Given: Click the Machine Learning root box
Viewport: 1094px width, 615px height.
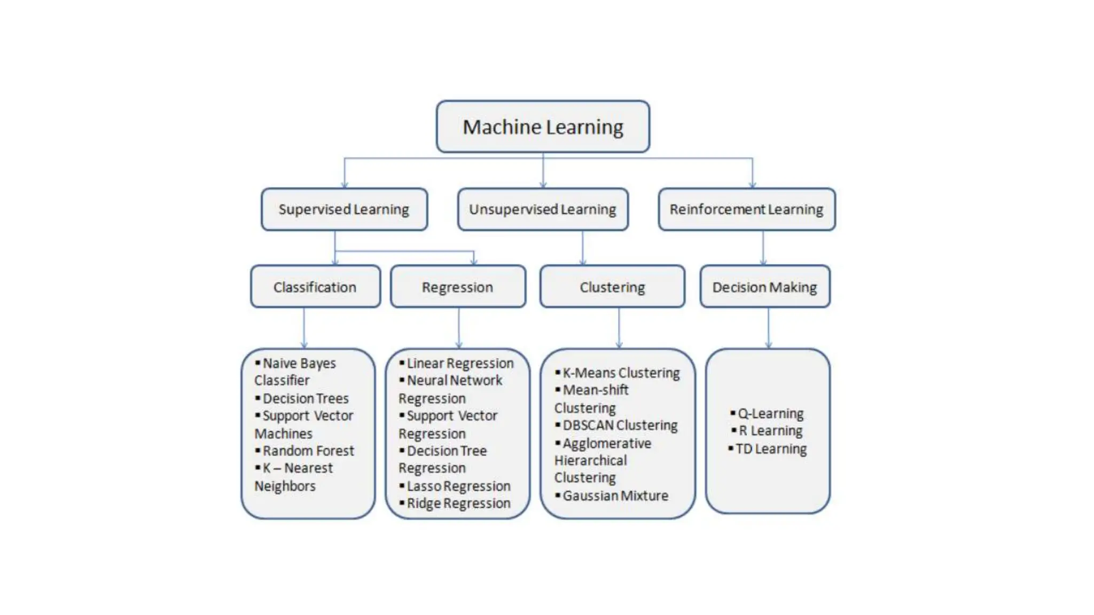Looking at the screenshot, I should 543,127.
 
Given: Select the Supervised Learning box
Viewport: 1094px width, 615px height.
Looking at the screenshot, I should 344,209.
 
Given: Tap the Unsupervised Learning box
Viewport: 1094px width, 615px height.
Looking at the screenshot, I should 543,209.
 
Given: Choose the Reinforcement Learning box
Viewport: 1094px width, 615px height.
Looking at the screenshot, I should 746,209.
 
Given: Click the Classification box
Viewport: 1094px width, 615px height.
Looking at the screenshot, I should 315,287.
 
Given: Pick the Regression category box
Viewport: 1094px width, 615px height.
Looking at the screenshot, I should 458,287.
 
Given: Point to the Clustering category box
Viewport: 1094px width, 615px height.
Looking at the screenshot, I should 612,287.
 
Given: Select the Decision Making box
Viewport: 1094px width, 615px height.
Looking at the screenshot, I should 765,287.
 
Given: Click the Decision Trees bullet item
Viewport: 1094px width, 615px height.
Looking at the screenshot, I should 306,398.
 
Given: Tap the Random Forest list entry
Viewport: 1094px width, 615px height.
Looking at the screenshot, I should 308,451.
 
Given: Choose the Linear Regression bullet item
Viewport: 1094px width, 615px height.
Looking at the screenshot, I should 460,363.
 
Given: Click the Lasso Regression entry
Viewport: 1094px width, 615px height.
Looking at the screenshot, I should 458,486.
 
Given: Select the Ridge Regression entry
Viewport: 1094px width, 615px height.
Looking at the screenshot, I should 458,503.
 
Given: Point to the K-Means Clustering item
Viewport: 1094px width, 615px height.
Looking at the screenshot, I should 621,373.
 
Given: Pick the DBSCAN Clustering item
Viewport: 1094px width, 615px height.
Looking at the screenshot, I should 620,425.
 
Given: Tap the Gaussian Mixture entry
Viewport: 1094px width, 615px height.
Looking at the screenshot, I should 615,495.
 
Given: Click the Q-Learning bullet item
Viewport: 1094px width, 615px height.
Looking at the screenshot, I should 770,413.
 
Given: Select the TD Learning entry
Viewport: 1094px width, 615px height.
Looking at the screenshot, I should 771,448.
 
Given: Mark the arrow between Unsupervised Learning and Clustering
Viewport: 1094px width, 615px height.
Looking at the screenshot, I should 582,248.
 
